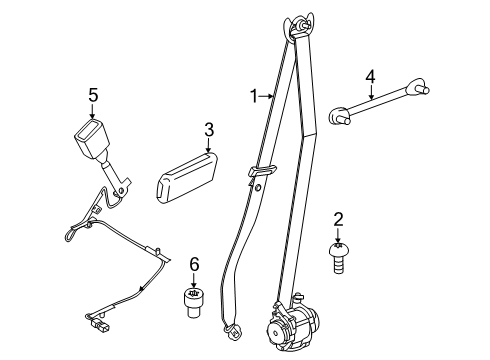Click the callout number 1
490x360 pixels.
click(254, 96)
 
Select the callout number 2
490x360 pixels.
click(338, 220)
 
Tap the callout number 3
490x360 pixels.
click(209, 130)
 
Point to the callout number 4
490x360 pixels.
click(370, 77)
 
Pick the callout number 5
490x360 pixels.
click(93, 96)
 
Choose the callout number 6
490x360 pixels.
click(194, 264)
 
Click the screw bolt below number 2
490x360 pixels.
click(339, 258)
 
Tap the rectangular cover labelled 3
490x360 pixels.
click(187, 177)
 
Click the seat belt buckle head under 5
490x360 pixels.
click(92, 138)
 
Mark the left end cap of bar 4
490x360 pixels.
click(339, 115)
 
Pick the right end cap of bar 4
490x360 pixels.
click(418, 86)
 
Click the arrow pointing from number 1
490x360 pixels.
click(266, 97)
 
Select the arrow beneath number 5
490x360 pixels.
click(93, 112)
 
